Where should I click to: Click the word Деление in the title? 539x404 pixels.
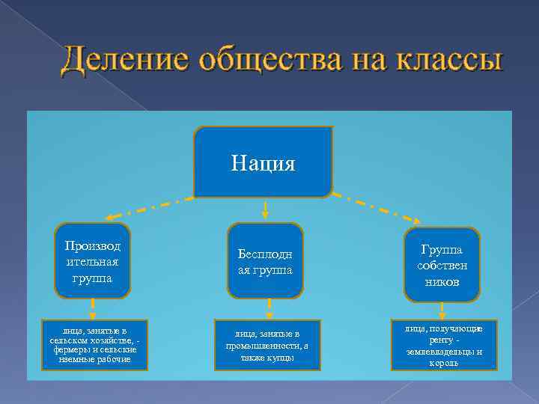coord(123,60)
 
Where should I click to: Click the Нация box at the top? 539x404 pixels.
coord(263,162)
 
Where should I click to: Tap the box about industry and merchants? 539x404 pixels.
coord(267,345)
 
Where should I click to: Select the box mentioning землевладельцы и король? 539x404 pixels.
coord(444,345)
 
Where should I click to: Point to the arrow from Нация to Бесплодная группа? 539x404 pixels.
coord(264,210)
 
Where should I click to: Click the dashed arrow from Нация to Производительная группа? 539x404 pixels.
coord(150,209)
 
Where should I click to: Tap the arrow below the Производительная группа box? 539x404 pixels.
coord(93,308)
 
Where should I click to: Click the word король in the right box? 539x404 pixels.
coord(444,363)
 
